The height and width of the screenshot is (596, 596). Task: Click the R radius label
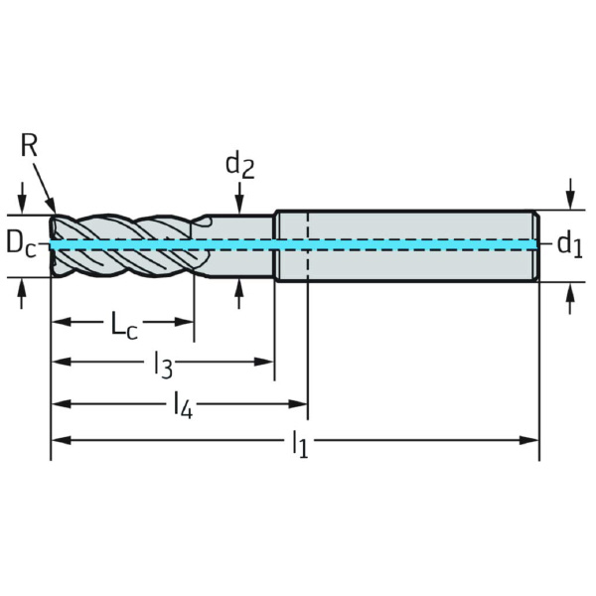pos(29,146)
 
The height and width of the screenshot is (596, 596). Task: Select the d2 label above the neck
pos(239,165)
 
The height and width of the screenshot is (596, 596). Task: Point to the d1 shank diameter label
pos(568,242)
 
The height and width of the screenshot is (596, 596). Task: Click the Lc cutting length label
pos(123,324)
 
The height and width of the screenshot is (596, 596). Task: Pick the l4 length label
pos(182,403)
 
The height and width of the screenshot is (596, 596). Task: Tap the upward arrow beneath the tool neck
pos(239,288)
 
